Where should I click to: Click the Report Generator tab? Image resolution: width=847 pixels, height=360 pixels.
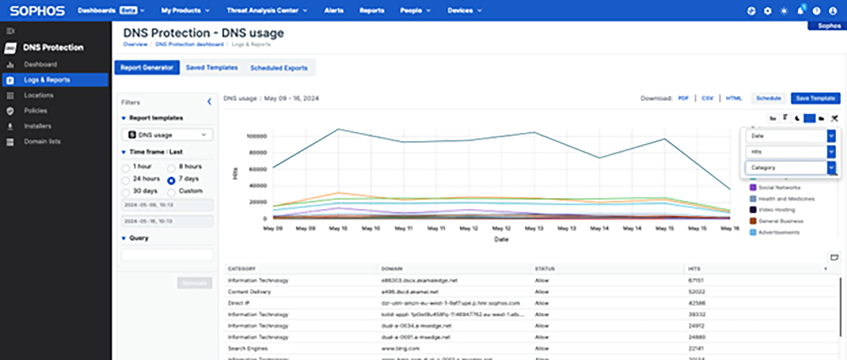click(147, 67)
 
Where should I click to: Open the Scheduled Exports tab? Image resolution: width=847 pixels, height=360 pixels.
click(279, 68)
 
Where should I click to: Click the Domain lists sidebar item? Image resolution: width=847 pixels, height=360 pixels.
click(42, 141)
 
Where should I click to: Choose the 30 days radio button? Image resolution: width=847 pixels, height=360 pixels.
click(126, 191)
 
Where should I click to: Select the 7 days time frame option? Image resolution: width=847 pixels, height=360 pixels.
click(171, 179)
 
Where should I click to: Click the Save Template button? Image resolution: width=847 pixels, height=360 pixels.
click(815, 98)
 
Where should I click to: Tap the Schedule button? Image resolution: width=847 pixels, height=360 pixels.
click(768, 98)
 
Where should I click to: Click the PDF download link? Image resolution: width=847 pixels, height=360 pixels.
click(683, 98)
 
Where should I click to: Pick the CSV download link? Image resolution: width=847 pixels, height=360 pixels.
click(707, 98)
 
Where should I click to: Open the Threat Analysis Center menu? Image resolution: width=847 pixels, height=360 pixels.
click(267, 10)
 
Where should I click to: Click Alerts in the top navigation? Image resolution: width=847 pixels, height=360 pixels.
click(334, 10)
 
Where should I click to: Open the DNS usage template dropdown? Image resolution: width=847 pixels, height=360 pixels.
click(167, 135)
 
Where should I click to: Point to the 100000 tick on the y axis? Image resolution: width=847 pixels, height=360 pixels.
click(256, 137)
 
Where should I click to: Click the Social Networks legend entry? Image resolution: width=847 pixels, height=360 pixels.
click(779, 187)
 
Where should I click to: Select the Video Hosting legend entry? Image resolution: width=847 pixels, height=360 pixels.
click(776, 210)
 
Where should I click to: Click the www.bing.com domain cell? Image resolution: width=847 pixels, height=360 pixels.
click(400, 349)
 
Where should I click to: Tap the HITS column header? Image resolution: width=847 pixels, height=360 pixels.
click(695, 269)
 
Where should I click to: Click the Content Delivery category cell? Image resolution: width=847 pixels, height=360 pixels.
click(249, 292)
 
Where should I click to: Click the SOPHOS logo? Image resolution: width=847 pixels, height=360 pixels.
click(37, 11)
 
